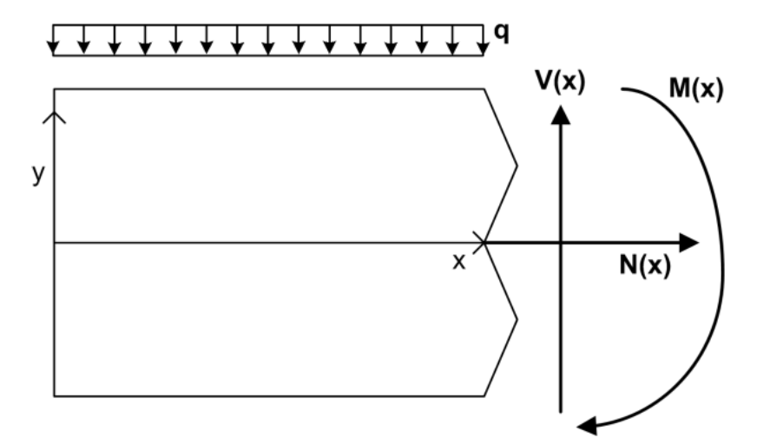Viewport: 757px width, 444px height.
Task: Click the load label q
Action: coord(502,33)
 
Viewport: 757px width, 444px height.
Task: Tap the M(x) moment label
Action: coord(696,89)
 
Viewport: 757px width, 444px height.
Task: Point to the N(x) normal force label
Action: coord(645,264)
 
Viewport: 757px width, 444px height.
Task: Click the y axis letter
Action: coord(38,173)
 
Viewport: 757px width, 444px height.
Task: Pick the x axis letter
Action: coord(459,262)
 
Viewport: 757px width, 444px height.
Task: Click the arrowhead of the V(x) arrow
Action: coord(561,114)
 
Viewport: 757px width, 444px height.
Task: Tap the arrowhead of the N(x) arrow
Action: coord(689,243)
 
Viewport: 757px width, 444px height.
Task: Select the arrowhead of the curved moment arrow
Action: coord(587,426)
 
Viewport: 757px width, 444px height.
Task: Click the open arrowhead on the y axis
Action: coord(54,117)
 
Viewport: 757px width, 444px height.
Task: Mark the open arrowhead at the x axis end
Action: coord(479,243)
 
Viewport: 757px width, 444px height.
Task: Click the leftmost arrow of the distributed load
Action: coord(53,40)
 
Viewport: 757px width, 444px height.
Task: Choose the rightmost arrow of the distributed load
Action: coord(484,40)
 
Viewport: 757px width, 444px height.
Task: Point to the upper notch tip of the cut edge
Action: coord(517,166)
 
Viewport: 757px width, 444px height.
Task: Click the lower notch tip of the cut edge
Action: coord(517,319)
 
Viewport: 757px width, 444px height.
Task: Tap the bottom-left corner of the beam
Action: coord(54,396)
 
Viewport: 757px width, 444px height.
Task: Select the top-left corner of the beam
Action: coord(54,88)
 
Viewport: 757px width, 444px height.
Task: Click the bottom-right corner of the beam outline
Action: coord(484,396)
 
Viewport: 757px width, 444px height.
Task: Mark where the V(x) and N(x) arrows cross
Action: coord(561,243)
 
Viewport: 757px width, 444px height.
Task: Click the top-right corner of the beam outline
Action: coord(484,88)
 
